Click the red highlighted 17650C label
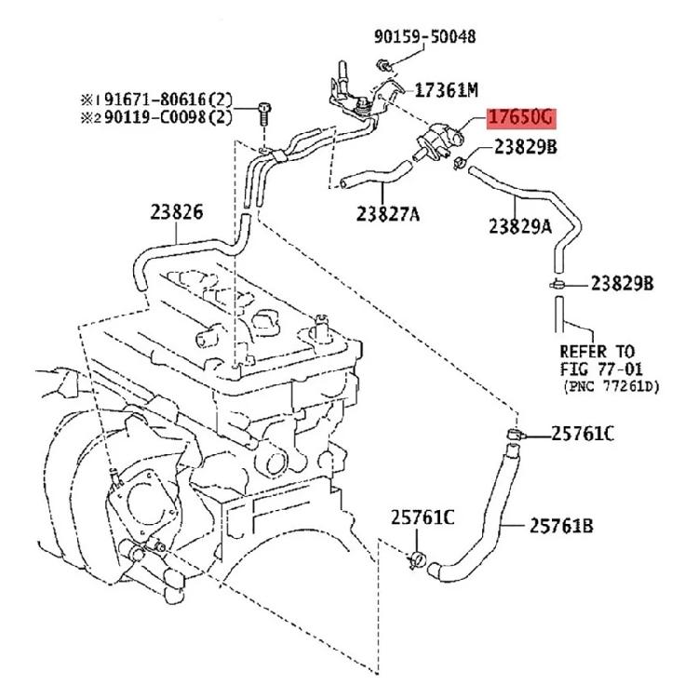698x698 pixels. click(x=520, y=117)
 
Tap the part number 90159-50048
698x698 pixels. click(x=425, y=37)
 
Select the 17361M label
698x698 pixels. click(x=446, y=90)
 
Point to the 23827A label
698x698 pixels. click(x=387, y=215)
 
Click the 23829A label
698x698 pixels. click(x=521, y=225)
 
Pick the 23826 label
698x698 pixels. click(x=176, y=211)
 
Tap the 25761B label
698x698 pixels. click(x=561, y=526)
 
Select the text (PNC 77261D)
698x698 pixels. click(x=610, y=384)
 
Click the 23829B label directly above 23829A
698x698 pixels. click(x=525, y=147)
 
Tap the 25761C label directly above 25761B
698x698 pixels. click(x=583, y=433)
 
